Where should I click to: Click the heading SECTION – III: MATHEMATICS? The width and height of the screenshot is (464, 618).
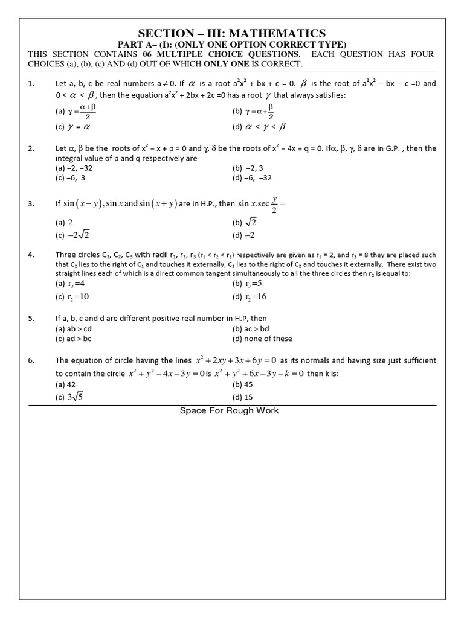(232, 34)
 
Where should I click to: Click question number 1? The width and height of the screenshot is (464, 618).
(31, 84)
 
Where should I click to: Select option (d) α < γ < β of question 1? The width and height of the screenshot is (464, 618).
(259, 127)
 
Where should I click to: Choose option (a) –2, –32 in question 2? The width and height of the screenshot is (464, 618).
(74, 168)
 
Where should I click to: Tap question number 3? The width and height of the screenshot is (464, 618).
(31, 204)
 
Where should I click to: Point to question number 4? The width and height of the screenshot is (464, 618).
(31, 255)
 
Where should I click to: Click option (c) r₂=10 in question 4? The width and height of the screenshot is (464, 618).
(73, 296)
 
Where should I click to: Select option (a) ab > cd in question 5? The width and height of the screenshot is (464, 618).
(74, 329)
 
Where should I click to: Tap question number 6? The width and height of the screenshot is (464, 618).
(31, 360)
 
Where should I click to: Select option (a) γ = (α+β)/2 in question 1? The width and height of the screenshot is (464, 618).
(76, 112)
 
